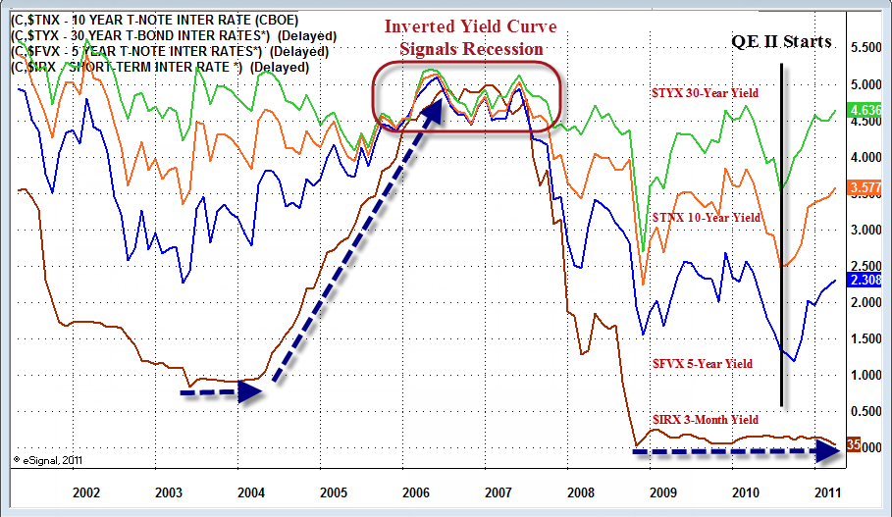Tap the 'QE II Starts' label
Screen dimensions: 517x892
782,42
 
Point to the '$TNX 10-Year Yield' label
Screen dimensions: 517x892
707,217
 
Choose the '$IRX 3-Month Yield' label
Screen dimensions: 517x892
706,420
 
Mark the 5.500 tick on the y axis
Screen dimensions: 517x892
868,47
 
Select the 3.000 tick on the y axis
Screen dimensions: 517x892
868,230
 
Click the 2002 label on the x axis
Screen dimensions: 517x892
87,491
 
